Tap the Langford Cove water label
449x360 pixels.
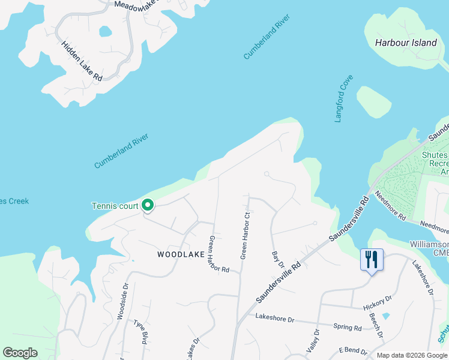(344, 98)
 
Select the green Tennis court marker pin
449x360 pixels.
(148, 206)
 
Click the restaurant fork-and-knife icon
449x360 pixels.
(372, 259)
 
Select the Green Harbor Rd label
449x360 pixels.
(218, 254)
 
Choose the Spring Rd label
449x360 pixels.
(349, 328)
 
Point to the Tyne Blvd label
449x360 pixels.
(141, 332)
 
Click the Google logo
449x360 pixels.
(20, 352)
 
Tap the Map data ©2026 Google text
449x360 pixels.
(411, 355)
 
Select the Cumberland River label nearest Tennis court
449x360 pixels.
(121, 151)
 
